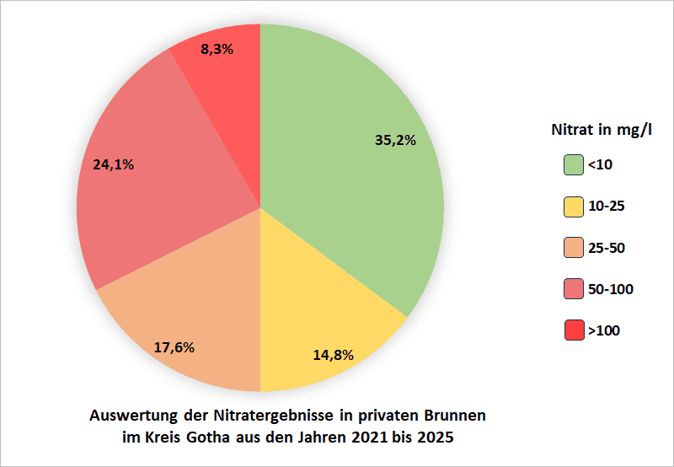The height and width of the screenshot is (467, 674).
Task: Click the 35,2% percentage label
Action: pyautogui.click(x=395, y=140)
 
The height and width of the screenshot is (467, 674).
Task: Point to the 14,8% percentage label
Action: pyautogui.click(x=333, y=354)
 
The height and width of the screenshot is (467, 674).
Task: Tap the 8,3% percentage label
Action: pyautogui.click(x=217, y=49)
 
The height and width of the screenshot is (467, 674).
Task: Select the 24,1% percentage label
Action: pyautogui.click(x=113, y=164)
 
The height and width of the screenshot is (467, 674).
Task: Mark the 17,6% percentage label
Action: pyautogui.click(x=175, y=346)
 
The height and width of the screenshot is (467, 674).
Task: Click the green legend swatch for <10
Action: pyautogui.click(x=574, y=165)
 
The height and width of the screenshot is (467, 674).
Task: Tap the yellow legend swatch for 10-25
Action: pyautogui.click(x=574, y=207)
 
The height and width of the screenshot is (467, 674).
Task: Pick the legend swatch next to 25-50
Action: pyautogui.click(x=574, y=248)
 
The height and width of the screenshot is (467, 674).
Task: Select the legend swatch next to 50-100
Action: pyautogui.click(x=574, y=289)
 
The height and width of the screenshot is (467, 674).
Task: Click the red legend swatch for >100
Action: pyautogui.click(x=574, y=330)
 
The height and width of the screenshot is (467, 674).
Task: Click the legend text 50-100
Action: pyautogui.click(x=611, y=289)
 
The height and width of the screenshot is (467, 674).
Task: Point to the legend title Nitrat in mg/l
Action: pyautogui.click(x=602, y=131)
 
